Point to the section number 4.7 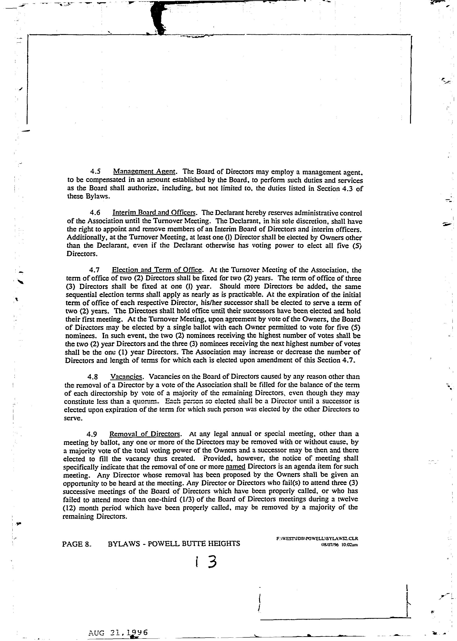[x=94, y=270]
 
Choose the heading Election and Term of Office [x=157, y=270]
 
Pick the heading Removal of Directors [x=145, y=434]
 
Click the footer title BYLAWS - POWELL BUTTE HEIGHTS [x=174, y=544]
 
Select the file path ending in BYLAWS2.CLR [x=317, y=539]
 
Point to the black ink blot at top [x=158, y=17]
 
